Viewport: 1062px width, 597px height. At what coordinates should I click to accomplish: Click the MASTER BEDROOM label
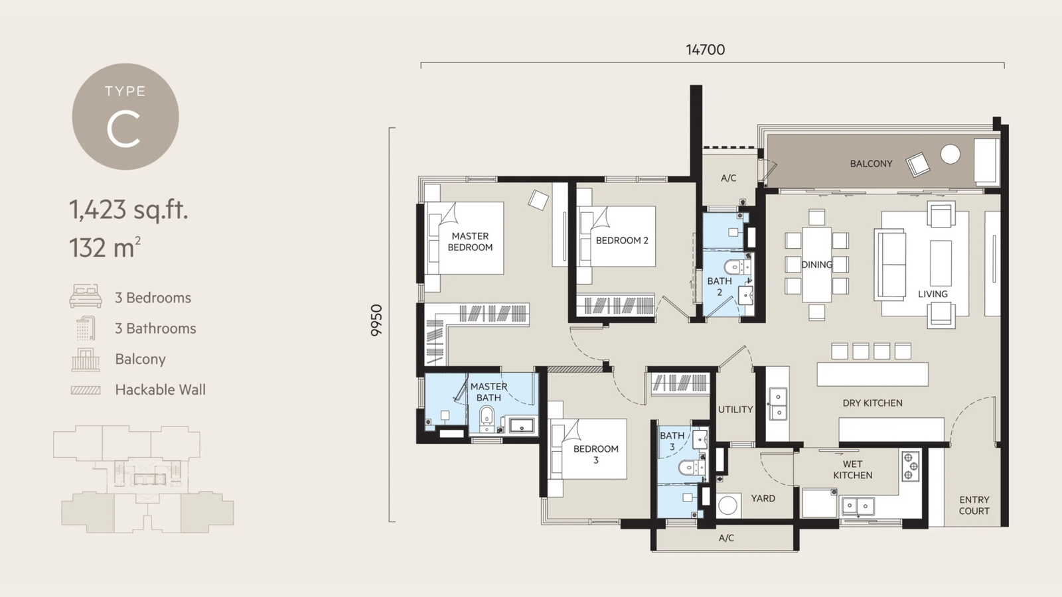[x=470, y=241]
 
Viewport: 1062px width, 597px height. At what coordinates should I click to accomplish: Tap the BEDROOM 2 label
[x=621, y=241]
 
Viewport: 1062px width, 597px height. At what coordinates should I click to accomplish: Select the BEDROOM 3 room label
[x=596, y=454]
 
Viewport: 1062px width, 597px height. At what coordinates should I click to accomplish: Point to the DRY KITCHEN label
[x=872, y=403]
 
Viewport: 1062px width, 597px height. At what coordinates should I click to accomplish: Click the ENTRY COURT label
[x=974, y=505]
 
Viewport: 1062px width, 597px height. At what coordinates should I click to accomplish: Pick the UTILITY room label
[x=735, y=409]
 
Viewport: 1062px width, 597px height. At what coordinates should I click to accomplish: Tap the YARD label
[x=763, y=498]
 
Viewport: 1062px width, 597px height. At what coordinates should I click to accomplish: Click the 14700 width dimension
[x=706, y=50]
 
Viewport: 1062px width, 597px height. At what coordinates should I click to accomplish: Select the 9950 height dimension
[x=376, y=321]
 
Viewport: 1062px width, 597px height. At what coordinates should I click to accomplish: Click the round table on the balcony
[x=950, y=154]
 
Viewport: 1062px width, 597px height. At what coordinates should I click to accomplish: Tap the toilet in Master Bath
[x=487, y=418]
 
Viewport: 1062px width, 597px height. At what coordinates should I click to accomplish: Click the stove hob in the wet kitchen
[x=910, y=466]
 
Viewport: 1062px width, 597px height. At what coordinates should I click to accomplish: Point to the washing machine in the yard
[x=727, y=505]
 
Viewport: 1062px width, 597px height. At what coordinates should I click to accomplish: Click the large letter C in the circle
[x=123, y=129]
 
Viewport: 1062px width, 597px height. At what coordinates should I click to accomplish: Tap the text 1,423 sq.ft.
[x=129, y=210]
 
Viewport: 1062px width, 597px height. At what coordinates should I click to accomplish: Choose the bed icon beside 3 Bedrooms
[x=86, y=296]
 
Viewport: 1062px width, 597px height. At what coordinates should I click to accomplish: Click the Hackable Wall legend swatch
[x=86, y=391]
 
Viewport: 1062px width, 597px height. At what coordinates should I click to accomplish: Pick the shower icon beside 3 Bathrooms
[x=86, y=328]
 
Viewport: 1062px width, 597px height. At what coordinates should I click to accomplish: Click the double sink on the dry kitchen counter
[x=778, y=404]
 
